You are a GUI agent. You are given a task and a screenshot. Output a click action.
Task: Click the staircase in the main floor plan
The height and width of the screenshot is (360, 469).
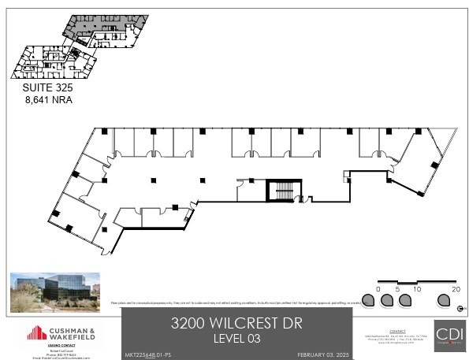point(281,191)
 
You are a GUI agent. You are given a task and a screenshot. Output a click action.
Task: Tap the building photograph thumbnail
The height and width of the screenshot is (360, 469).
point(55,292)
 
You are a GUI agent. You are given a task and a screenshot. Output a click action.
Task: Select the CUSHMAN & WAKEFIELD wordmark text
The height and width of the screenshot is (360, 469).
point(76,333)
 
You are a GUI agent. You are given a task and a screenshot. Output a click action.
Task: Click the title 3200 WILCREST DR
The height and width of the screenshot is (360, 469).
point(236,323)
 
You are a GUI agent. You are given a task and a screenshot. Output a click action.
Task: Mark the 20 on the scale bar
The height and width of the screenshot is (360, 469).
point(456,290)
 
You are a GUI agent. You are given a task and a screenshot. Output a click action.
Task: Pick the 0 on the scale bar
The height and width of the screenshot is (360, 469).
point(379,290)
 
